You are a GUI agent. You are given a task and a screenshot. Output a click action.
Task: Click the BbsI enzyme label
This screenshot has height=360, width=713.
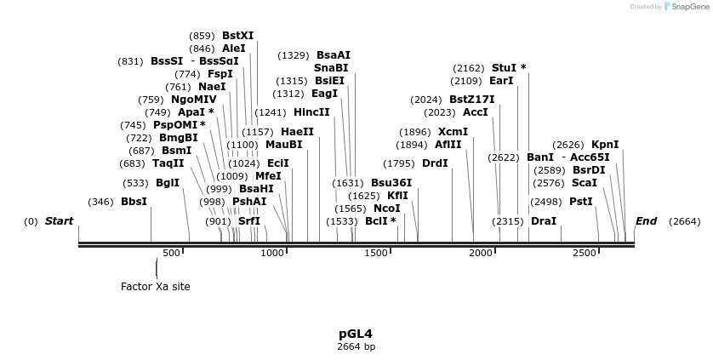(134, 202)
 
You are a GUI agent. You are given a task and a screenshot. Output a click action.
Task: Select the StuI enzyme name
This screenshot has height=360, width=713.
(505, 68)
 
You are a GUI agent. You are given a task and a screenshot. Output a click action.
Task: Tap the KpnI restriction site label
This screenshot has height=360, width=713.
(605, 145)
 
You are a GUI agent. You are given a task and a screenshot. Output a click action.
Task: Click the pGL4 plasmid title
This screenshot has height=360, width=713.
(356, 334)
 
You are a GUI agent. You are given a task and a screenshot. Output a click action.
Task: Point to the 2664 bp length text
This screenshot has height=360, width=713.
(356, 346)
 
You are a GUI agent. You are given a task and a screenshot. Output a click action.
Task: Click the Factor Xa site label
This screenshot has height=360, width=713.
(156, 287)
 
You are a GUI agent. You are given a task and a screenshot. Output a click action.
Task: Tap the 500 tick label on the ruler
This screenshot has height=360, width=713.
(172, 253)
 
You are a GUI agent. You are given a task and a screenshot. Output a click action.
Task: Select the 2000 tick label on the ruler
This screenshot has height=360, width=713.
(482, 253)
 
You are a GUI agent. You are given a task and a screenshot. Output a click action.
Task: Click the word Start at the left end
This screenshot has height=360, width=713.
(60, 221)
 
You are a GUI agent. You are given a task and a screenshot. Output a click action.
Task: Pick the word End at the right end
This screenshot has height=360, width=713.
(646, 221)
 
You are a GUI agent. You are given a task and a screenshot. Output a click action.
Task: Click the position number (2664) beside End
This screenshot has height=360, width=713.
(684, 221)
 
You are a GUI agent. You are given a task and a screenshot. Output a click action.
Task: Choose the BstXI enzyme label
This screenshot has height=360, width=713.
(237, 36)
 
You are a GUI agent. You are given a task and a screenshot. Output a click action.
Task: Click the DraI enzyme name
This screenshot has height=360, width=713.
(543, 221)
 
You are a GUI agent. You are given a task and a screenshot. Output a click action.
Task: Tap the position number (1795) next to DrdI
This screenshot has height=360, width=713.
(399, 163)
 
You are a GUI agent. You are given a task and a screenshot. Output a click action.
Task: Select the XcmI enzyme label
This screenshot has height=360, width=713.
(453, 132)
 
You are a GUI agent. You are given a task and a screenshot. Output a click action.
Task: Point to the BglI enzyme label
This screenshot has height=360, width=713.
(168, 183)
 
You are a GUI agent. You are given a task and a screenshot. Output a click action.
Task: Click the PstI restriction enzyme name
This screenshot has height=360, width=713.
(580, 202)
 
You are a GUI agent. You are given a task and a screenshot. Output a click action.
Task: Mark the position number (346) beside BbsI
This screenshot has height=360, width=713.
(100, 202)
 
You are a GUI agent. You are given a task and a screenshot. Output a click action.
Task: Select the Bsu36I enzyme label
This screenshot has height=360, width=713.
(391, 183)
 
